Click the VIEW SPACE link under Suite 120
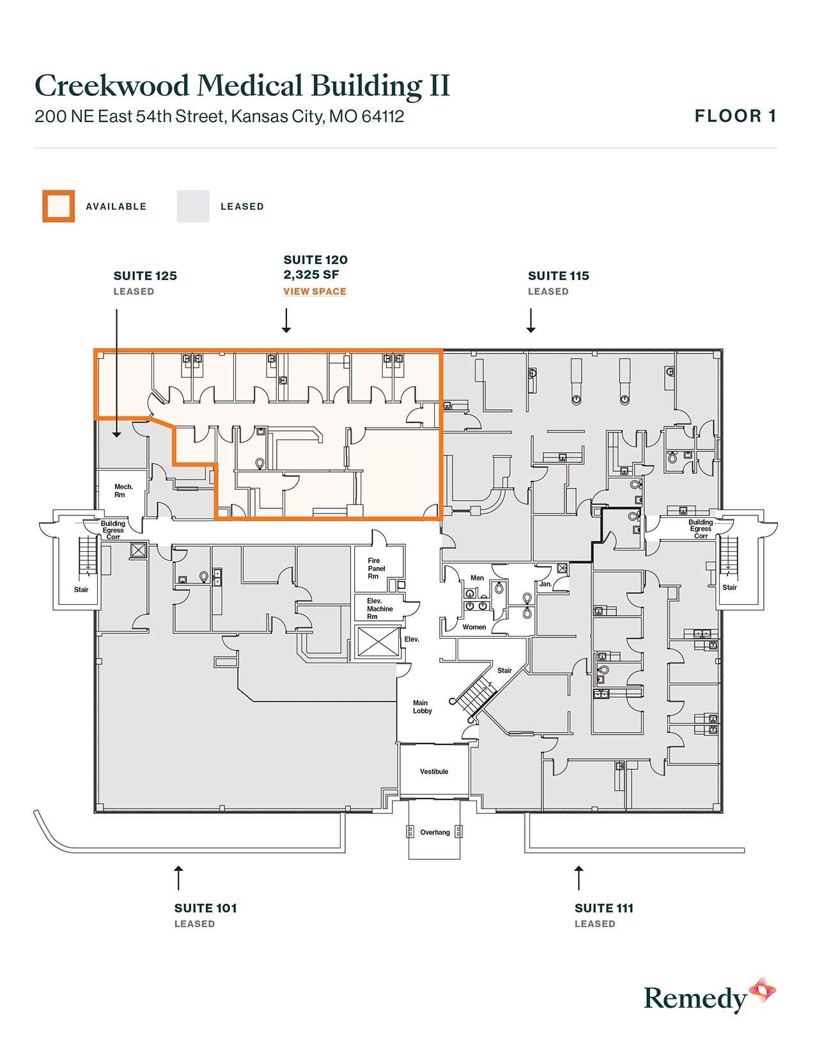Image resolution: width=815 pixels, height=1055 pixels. click(x=314, y=292)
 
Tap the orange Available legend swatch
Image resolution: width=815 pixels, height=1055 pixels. click(x=59, y=207)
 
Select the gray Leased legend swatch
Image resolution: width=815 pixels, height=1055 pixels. click(x=193, y=207)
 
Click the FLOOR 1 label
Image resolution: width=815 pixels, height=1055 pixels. click(x=735, y=116)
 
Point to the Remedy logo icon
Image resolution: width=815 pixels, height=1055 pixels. click(x=762, y=991)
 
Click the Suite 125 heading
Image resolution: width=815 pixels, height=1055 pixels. click(x=145, y=276)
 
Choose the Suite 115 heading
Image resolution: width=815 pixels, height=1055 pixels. click(x=558, y=276)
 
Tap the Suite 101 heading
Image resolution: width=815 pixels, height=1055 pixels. click(x=205, y=908)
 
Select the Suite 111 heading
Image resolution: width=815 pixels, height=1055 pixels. click(x=603, y=908)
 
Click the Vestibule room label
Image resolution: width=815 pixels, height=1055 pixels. click(x=434, y=772)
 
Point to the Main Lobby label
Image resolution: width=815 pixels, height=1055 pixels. click(x=422, y=707)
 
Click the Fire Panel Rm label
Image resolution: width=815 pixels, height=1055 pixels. click(x=376, y=568)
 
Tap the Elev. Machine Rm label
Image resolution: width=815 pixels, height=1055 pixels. click(x=379, y=609)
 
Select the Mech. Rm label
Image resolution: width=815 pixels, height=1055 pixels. click(x=123, y=490)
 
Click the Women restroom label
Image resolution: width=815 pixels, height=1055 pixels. click(x=474, y=627)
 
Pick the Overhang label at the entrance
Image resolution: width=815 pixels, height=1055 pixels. click(x=435, y=832)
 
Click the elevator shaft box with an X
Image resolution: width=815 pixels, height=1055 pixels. click(x=378, y=641)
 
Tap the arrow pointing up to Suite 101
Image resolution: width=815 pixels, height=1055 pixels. click(x=178, y=878)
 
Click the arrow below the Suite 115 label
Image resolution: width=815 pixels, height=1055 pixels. click(x=531, y=320)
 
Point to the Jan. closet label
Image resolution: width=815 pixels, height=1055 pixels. click(x=545, y=584)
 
